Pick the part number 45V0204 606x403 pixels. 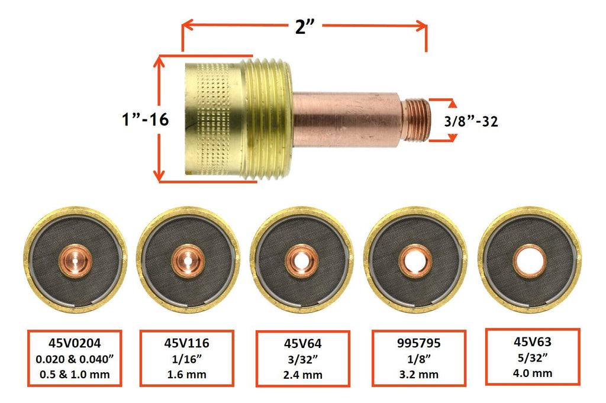(75, 341)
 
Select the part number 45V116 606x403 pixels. (187, 341)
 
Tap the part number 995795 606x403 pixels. (418, 342)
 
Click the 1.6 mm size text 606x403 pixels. (187, 373)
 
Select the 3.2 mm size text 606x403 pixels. (418, 373)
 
